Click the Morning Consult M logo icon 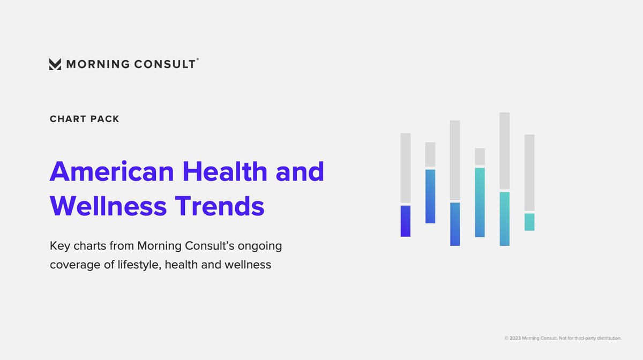pos(55,64)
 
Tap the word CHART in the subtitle pos(68,119)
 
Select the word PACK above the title pos(104,119)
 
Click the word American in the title pos(112,172)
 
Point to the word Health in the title pos(225,172)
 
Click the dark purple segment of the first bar pos(406,221)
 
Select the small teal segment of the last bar pos(529,222)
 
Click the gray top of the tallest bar pos(504,151)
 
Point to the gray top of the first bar pos(406,168)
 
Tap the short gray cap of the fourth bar pos(480,157)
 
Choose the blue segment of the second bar pos(430,196)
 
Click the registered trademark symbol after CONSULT pos(198,60)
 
